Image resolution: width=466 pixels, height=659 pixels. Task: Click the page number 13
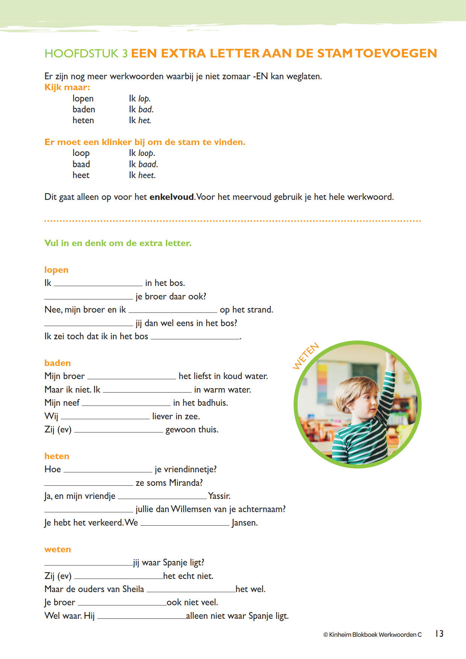point(439,633)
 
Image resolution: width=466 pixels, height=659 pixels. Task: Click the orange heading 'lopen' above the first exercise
point(56,270)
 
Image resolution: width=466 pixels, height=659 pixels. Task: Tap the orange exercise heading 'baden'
point(57,363)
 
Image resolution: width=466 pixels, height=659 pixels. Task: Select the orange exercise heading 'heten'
point(57,456)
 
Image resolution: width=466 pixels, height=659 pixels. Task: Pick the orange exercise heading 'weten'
point(57,549)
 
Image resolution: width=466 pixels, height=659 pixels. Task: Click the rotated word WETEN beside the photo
point(306,356)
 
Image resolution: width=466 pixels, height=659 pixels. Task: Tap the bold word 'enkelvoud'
point(172,197)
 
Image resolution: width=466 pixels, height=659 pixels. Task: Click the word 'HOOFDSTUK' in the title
point(81,53)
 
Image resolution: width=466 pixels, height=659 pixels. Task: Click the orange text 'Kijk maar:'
point(67,87)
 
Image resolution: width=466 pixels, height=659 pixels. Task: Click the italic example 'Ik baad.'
point(143,164)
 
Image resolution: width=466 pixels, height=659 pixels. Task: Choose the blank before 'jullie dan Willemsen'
point(89,511)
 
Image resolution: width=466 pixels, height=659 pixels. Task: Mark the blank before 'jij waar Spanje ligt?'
point(88,564)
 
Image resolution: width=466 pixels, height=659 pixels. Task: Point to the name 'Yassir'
point(219,496)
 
